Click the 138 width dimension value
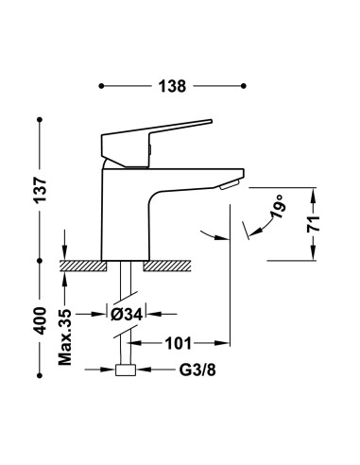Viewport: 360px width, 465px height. [172, 86]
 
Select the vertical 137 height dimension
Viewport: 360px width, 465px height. [41, 190]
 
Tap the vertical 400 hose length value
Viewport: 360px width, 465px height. [41, 320]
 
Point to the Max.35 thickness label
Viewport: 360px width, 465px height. [65, 337]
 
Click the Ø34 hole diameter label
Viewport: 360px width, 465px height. [127, 314]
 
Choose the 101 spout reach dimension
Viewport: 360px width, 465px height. [179, 343]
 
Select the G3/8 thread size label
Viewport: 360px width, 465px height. [197, 370]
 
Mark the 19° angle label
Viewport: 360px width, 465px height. [278, 205]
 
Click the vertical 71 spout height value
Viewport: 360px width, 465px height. [314, 224]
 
